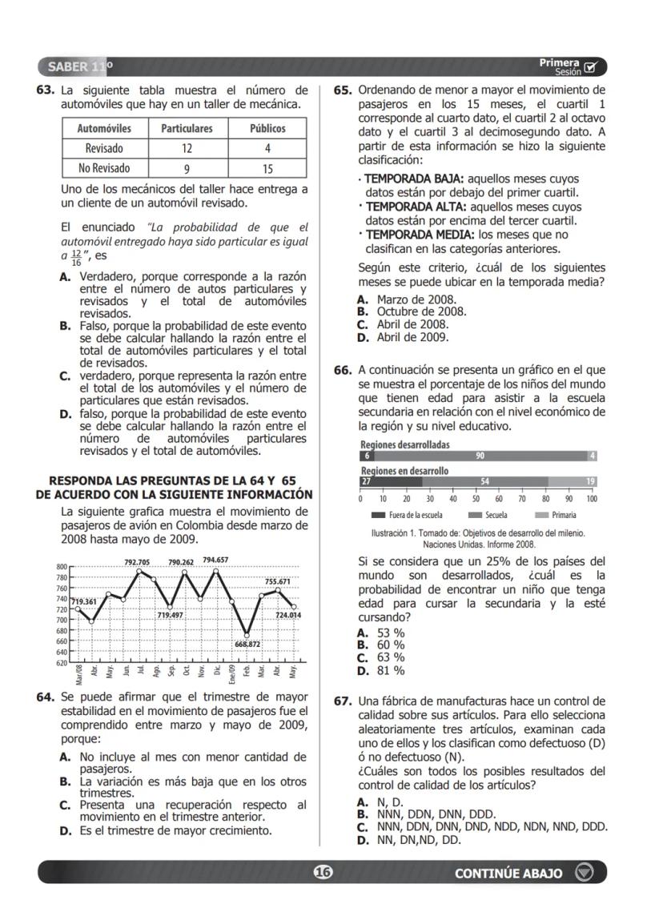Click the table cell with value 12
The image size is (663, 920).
[187, 148]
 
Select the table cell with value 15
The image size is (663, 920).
[267, 168]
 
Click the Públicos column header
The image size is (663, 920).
[267, 128]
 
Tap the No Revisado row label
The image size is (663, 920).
[104, 168]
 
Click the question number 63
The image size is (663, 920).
[45, 90]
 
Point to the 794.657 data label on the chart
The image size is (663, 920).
[215, 560]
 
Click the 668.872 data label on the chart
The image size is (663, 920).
[247, 644]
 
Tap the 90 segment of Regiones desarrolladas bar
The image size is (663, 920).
[480, 456]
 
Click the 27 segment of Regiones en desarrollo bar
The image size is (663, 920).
[367, 481]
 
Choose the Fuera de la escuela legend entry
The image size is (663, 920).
[408, 515]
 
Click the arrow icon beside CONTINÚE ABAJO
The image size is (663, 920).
[585, 873]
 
